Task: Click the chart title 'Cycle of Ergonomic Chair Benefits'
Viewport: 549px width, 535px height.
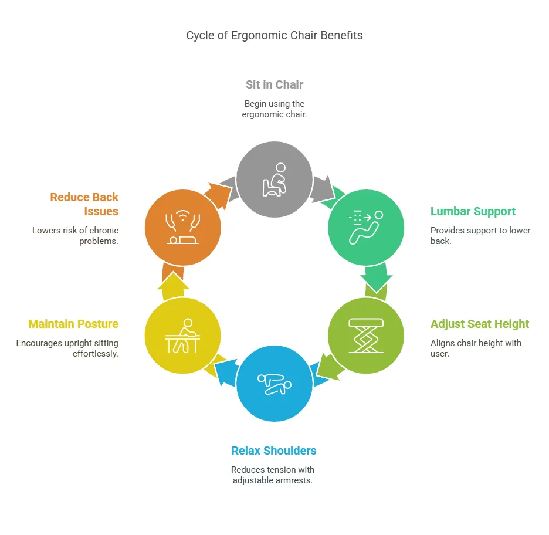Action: pos(274,35)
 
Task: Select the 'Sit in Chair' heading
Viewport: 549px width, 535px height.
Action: pos(274,84)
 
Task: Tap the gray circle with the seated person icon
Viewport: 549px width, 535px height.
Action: pos(274,180)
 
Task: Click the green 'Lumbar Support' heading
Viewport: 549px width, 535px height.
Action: pos(473,211)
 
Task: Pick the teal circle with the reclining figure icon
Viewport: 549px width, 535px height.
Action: pos(365,227)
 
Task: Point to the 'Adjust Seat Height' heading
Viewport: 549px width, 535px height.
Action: pos(479,324)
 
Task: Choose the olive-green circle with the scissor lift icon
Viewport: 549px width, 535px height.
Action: pos(365,336)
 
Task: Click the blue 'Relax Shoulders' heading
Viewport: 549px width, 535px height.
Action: pos(274,451)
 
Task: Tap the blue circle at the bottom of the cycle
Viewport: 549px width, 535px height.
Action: pos(274,384)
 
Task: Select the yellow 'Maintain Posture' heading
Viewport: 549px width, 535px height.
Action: pos(73,324)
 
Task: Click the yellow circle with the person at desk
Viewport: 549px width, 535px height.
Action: pos(182,336)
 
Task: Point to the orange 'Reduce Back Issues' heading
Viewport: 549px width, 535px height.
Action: pos(84,204)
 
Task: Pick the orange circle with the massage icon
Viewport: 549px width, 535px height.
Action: pos(182,227)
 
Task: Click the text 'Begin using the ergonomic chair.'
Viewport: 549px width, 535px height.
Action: pos(274,109)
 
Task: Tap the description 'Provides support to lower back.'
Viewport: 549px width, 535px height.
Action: pos(480,235)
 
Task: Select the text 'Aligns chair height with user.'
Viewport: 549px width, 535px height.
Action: pos(476,348)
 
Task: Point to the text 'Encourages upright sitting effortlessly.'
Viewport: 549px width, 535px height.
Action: pos(67,348)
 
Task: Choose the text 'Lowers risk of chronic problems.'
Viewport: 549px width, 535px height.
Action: pos(76,235)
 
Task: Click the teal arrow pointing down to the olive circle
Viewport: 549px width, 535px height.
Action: pos(375,278)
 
